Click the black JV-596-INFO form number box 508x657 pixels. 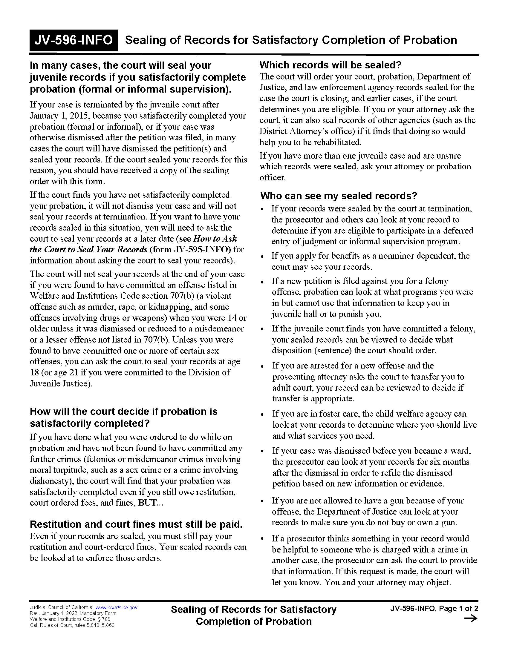(74, 40)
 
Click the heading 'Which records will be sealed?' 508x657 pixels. (330, 65)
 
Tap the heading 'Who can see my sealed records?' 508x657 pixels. (339, 196)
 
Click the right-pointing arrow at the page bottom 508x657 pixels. (471, 618)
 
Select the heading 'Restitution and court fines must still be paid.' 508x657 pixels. (136, 524)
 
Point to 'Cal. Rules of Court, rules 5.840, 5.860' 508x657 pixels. (72, 625)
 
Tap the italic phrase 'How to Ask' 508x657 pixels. (215, 239)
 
